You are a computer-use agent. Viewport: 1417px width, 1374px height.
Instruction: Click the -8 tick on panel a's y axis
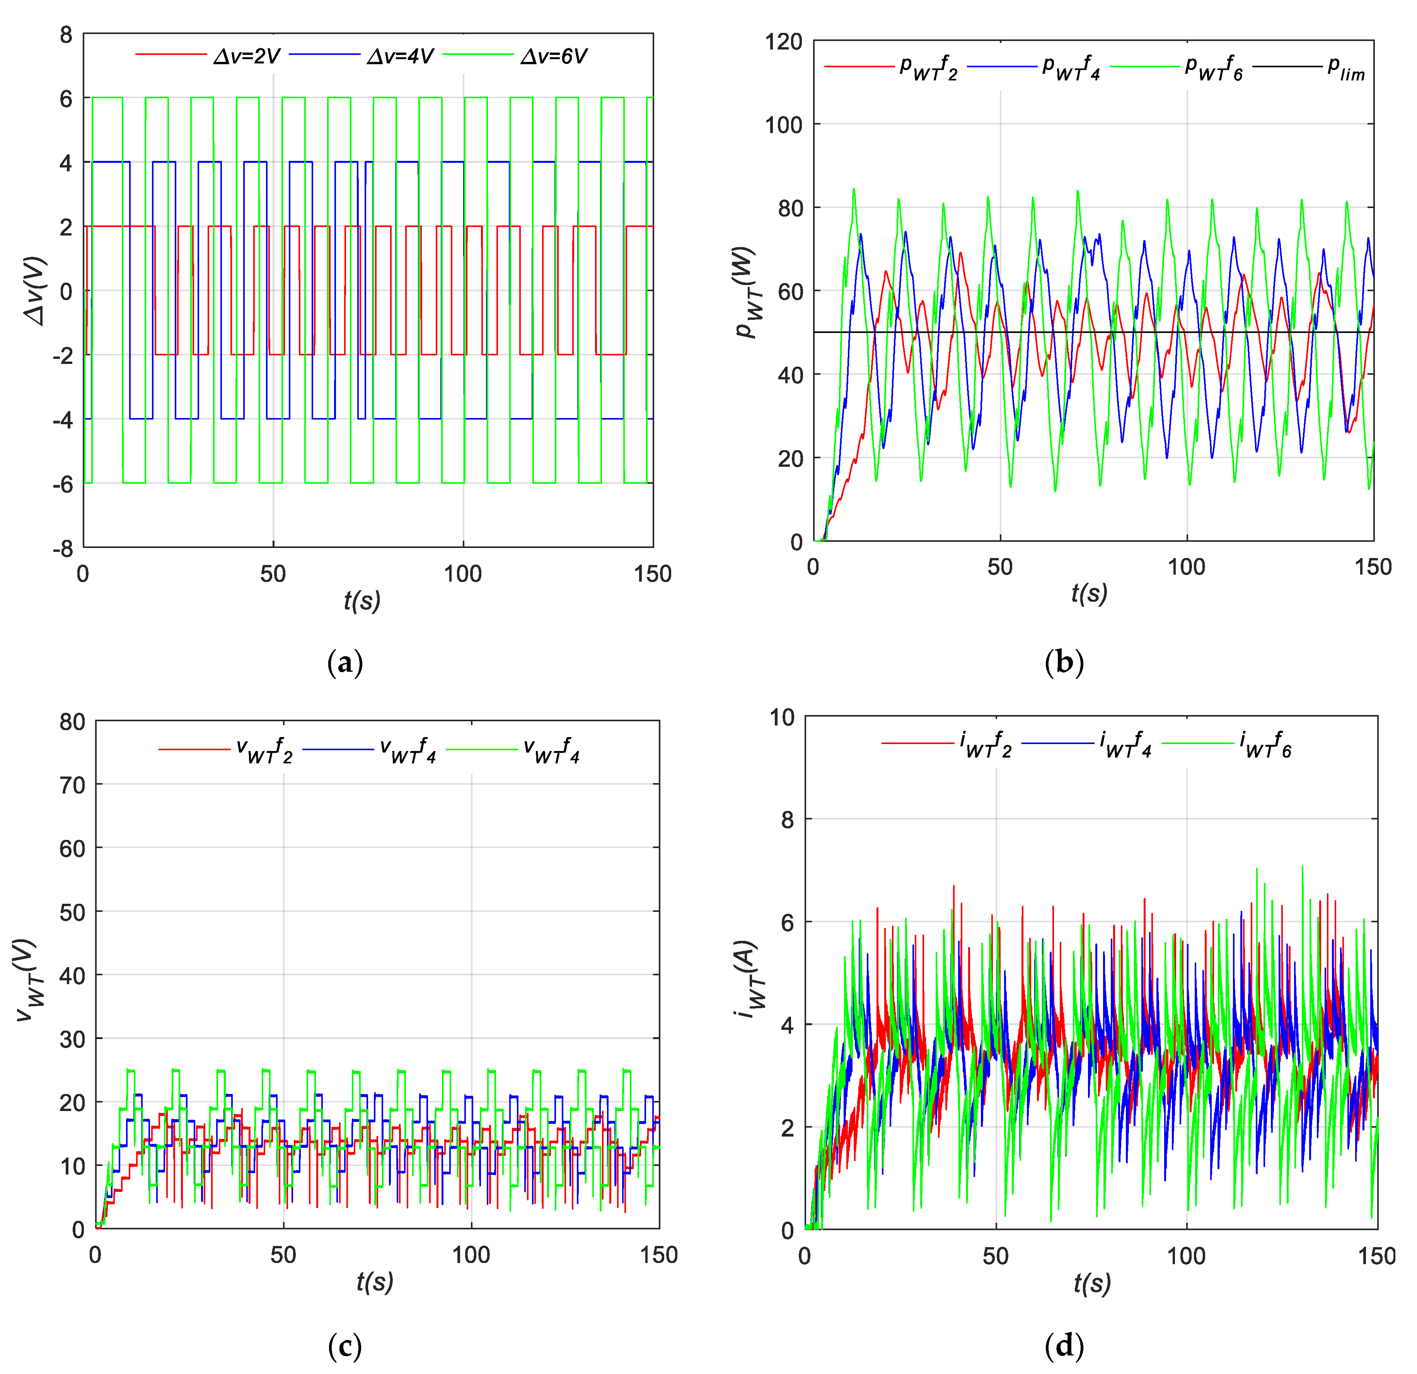[64, 549]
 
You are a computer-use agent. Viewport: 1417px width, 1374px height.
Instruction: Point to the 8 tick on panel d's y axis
[788, 820]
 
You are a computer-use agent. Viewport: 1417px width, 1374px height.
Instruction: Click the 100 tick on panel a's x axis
[463, 574]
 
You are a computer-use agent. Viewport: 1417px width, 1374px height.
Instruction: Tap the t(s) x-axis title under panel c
[375, 1282]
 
